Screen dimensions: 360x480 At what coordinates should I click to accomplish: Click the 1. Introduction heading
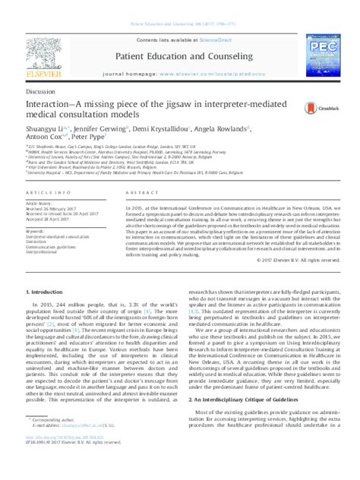[48, 312]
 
